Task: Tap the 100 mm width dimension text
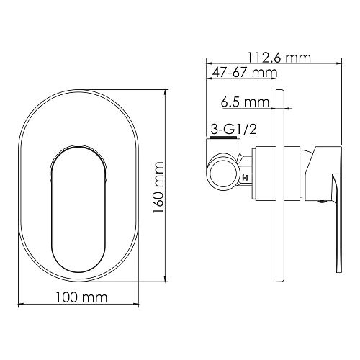pos(81,297)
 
